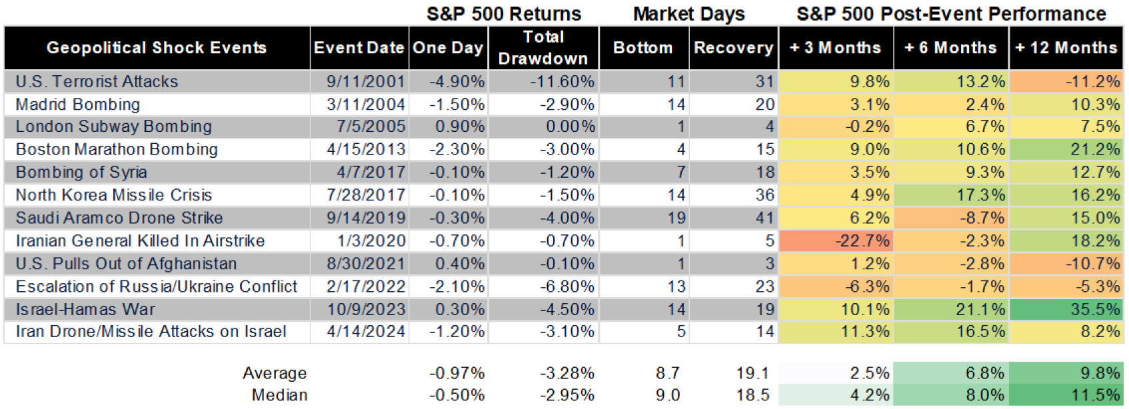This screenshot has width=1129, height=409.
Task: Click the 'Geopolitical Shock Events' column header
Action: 157,48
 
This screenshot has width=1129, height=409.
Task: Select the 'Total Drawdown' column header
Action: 543,48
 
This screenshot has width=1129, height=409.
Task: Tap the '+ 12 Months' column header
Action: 1066,48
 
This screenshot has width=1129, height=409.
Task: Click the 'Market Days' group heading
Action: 688,13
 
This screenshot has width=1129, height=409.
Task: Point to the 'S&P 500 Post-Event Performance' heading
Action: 951,13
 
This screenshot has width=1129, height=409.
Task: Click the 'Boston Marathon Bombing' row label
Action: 117,149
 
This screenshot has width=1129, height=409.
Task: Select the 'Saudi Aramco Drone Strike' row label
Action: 119,218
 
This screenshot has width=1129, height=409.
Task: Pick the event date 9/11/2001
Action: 365,81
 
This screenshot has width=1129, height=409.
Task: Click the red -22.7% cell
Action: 862,240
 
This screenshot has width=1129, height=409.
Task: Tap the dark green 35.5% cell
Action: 1094,309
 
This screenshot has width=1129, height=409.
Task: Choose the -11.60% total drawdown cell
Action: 562,81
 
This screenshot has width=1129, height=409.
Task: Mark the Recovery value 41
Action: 764,218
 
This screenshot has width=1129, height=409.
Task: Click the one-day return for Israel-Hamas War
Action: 459,309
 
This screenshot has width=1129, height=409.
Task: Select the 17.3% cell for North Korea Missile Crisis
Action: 980,195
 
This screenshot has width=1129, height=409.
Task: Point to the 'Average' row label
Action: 275,373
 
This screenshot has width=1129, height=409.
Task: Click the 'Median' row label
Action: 279,395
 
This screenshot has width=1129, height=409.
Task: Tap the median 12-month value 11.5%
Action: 1094,395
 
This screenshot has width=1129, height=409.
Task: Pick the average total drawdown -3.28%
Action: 567,373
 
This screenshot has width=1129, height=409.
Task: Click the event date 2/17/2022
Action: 365,286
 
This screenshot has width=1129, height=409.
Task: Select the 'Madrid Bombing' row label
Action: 78,105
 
